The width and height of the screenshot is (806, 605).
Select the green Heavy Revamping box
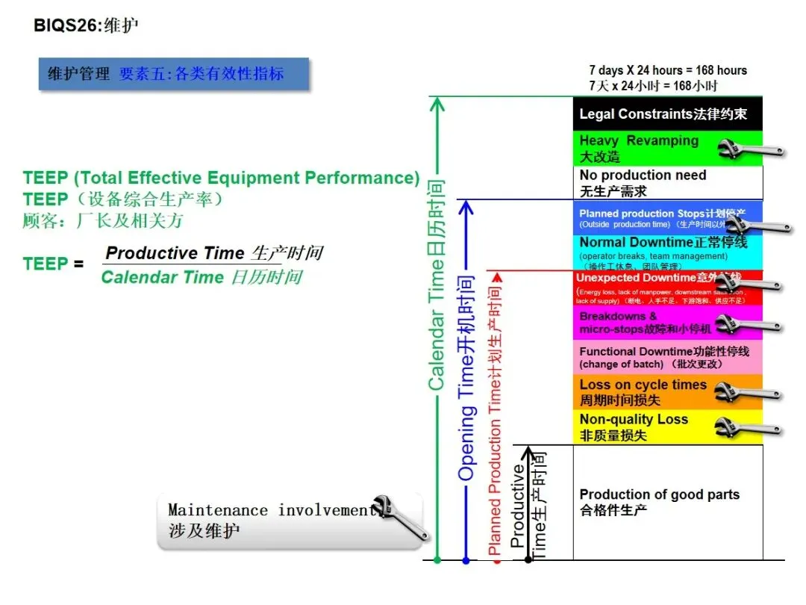tap(642, 148)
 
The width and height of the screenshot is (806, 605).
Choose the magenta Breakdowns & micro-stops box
tap(642, 323)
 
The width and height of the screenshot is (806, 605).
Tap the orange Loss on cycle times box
tap(642, 392)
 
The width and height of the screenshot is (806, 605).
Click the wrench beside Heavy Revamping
tap(750, 148)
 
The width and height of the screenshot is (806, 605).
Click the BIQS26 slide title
tap(86, 25)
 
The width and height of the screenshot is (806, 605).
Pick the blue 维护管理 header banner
tap(173, 74)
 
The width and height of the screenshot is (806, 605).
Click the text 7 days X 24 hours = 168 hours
tap(667, 70)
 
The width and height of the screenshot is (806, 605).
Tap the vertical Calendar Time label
tap(437, 284)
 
